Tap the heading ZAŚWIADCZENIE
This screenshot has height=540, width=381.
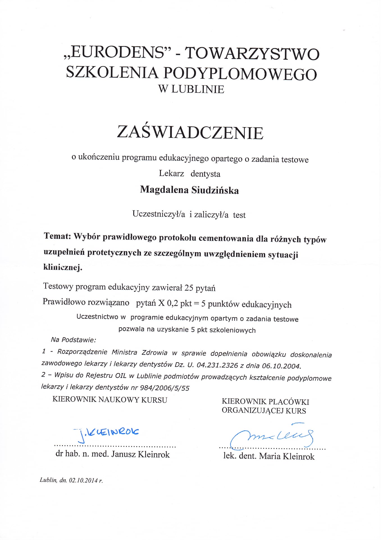click(190, 132)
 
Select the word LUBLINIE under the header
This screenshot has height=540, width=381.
click(198, 89)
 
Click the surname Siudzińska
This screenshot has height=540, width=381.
click(215, 190)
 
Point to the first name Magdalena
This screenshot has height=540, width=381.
click(164, 189)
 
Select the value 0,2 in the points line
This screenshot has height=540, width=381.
click(172, 303)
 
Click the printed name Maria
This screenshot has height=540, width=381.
click(270, 456)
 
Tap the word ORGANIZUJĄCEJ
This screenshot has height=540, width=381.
click(253, 411)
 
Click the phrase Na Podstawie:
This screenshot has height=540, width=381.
click(73, 340)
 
